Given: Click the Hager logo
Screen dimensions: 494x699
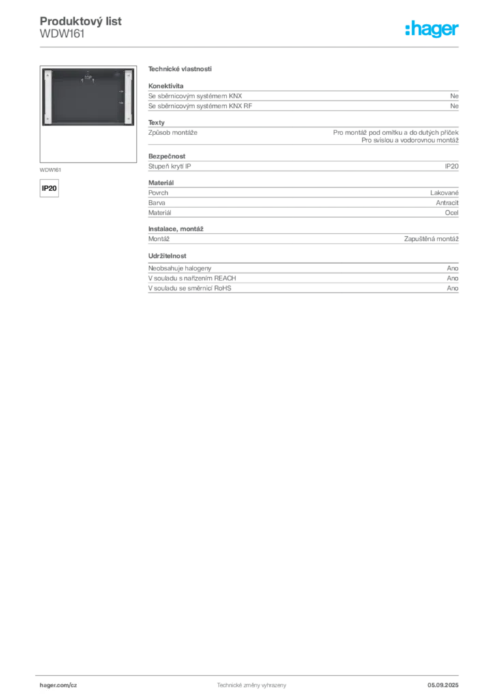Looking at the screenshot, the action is click(432, 29).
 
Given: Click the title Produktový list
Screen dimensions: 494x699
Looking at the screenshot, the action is click(81, 21).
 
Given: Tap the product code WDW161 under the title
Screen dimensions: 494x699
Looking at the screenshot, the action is click(62, 34).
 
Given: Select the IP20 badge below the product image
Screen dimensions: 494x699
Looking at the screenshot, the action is click(49, 188).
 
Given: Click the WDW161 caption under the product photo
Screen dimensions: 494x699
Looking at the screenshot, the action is click(50, 170).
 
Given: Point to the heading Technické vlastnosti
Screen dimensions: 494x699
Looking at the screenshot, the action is click(180, 69).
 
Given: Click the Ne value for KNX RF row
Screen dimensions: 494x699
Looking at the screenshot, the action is click(454, 106).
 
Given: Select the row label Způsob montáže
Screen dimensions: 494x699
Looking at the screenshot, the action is click(173, 132).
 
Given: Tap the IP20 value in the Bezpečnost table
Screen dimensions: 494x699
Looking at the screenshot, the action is click(452, 167).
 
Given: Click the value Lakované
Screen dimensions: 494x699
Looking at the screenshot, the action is click(444, 192).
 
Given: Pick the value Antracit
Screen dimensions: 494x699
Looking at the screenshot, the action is click(447, 203).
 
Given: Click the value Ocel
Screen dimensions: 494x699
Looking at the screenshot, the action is click(452, 213).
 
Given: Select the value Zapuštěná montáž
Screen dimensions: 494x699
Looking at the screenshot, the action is click(431, 239).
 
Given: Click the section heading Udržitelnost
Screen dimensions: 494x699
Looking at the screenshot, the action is click(167, 256).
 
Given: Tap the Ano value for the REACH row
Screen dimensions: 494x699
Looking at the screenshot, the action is click(452, 279).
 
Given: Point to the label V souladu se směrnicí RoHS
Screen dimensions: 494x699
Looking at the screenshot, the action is click(190, 288).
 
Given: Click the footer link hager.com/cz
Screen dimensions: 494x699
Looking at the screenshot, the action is click(59, 685).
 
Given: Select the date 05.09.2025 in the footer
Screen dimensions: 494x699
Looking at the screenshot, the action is click(443, 685).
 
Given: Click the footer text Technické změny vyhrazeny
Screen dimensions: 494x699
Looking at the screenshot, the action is click(252, 685).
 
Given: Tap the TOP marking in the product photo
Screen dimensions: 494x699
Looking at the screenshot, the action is click(88, 78).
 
